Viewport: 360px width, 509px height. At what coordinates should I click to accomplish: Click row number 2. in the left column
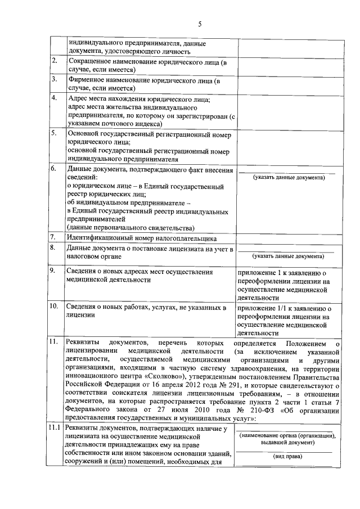tap(55, 60)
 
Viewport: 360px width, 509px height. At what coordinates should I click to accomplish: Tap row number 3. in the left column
tap(55, 79)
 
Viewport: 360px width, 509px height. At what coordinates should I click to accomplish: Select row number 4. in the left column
tap(55, 98)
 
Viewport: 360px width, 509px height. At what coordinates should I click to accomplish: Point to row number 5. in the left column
tap(55, 133)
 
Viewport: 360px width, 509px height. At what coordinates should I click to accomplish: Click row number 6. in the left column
tap(55, 168)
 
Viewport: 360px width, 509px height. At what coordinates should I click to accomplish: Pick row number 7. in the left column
tap(54, 237)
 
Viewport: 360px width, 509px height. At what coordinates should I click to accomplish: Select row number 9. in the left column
tap(55, 271)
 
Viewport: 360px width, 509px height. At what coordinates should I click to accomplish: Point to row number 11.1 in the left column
tap(55, 430)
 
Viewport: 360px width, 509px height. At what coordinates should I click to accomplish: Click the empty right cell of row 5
tap(289, 146)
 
